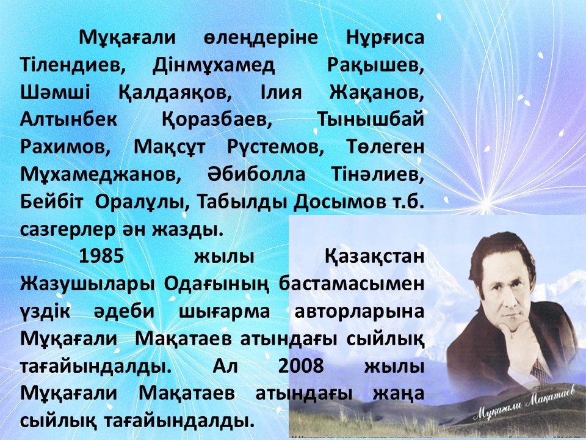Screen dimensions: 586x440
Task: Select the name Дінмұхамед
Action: tap(214, 66)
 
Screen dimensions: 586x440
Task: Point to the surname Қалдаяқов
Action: tap(175, 93)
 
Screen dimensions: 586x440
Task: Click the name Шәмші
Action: tap(55, 92)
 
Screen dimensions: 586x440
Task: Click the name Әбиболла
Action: tap(256, 175)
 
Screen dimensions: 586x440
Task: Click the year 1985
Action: tap(101, 257)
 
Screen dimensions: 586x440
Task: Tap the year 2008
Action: tap(301, 366)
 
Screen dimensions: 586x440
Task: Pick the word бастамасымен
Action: tap(352, 284)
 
